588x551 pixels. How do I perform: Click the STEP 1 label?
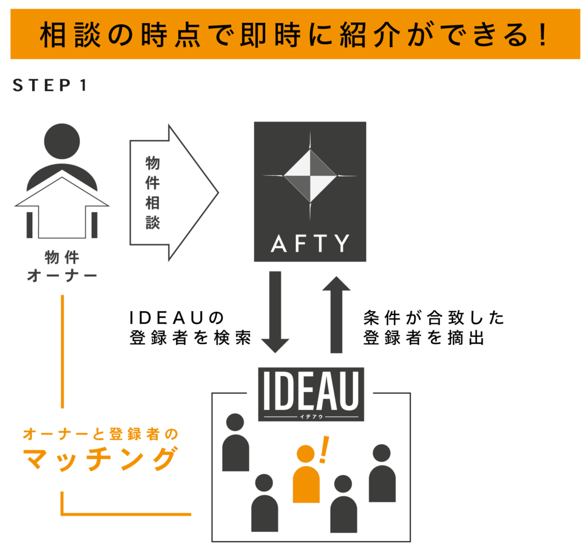[50, 86]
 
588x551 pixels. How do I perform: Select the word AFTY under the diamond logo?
[310, 244]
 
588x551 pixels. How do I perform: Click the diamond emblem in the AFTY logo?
[310, 175]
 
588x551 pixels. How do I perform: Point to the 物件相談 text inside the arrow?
[152, 193]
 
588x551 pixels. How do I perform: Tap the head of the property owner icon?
[62, 141]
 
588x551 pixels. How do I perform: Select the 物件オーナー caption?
[62, 266]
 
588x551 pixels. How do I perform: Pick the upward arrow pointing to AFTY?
[336, 315]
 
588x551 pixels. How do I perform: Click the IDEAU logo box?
[311, 394]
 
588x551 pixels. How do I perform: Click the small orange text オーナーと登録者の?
[100, 434]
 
